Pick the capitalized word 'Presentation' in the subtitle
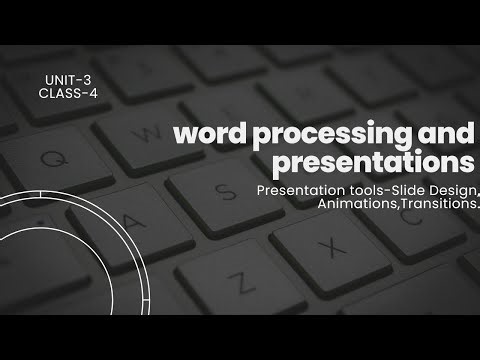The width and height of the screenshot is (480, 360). [x=299, y=188]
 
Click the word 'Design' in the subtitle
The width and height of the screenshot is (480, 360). [x=451, y=188]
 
